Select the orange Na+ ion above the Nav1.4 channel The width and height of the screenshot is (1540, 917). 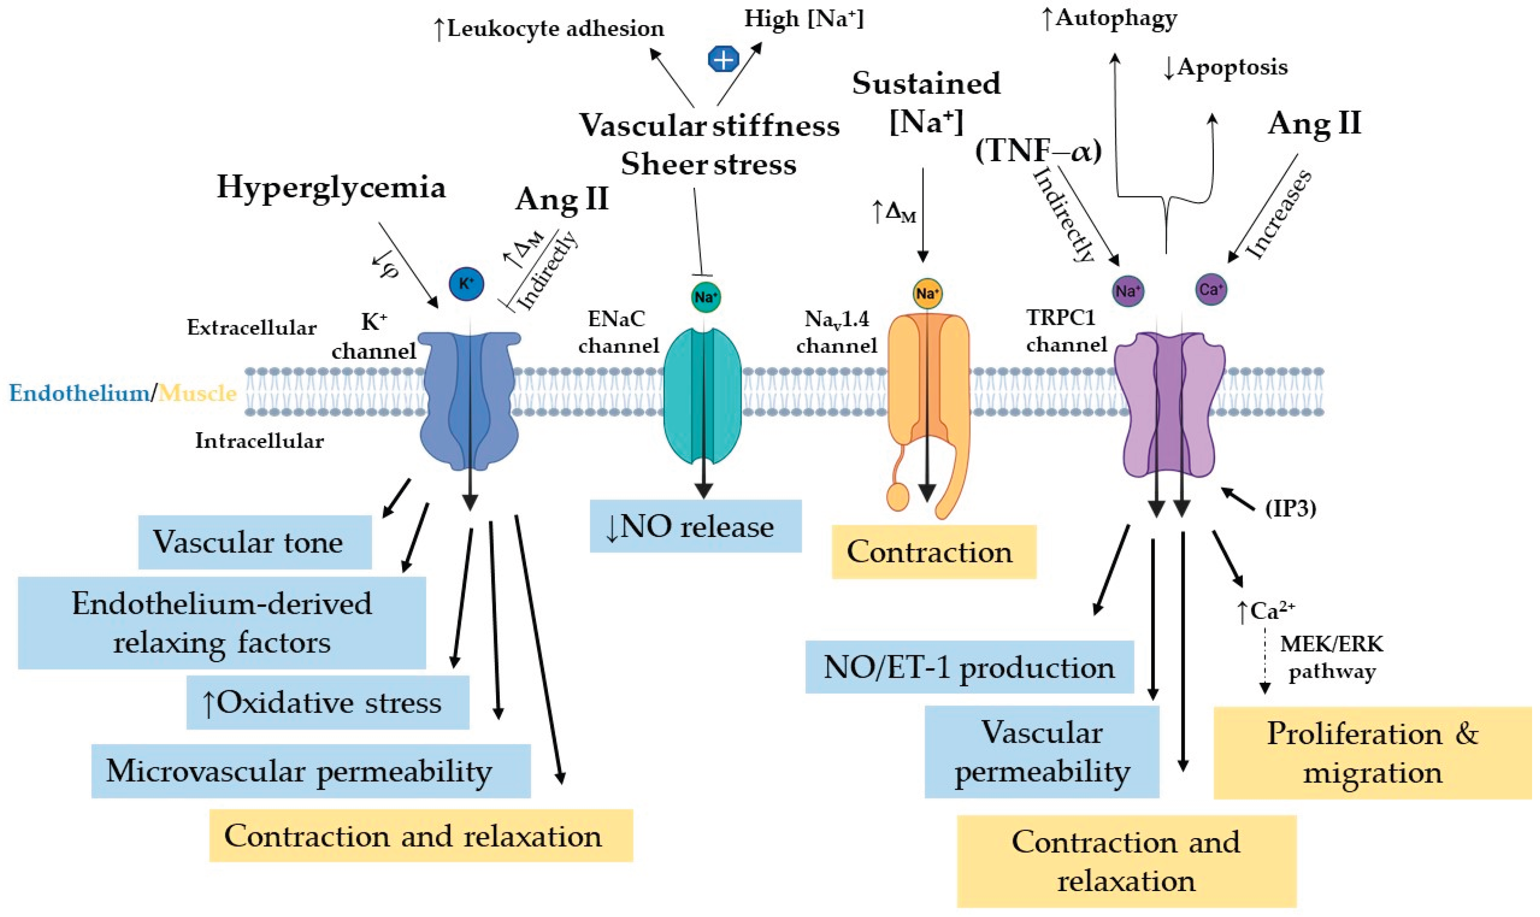pyautogui.click(x=927, y=293)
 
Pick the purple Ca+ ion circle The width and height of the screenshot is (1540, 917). pyautogui.click(x=1211, y=289)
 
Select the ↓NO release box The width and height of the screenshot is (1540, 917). pyautogui.click(x=696, y=526)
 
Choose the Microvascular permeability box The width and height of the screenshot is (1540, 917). pyautogui.click(x=311, y=770)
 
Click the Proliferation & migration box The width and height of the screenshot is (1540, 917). pyautogui.click(x=1373, y=752)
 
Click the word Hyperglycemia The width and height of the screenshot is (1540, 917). pyautogui.click(x=331, y=187)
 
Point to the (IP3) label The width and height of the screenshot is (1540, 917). pyautogui.click(x=1290, y=508)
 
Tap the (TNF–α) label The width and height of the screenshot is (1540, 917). pyautogui.click(x=1038, y=151)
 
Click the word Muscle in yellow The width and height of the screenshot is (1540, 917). pyautogui.click(x=198, y=393)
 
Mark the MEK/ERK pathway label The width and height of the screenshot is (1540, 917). pyautogui.click(x=1332, y=657)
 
